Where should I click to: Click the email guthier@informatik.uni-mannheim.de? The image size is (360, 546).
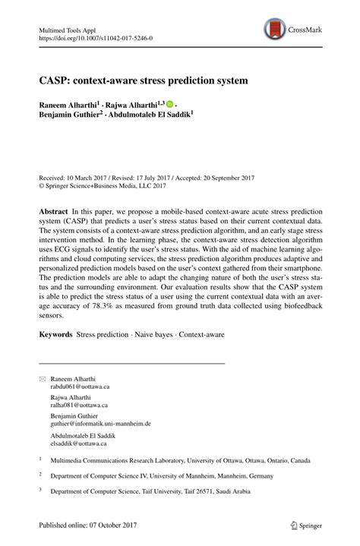click(100, 423)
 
